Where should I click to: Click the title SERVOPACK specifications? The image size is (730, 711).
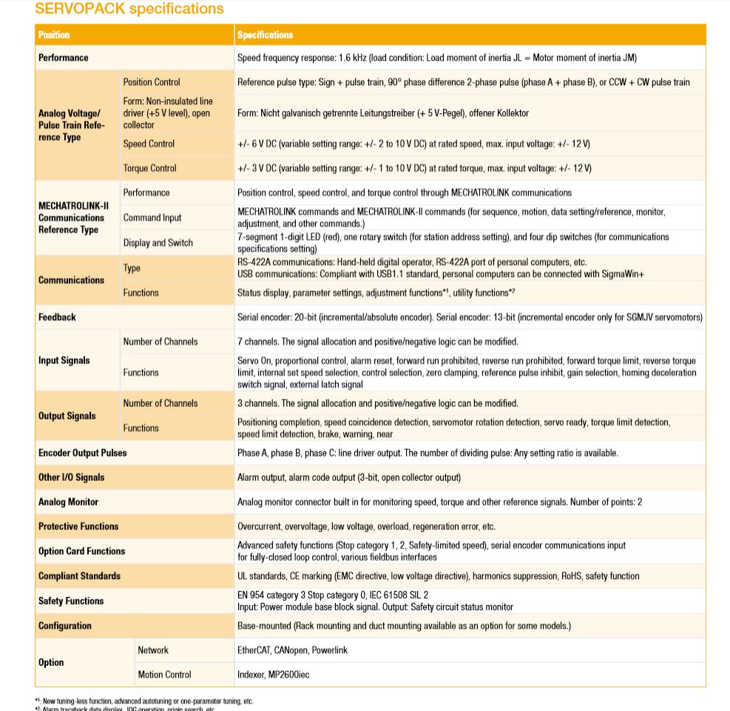(x=129, y=9)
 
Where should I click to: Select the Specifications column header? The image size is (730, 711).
(x=265, y=35)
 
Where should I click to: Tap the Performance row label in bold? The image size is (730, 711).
(x=64, y=58)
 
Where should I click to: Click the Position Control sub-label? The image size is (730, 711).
(x=152, y=82)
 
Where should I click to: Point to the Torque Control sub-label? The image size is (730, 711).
(x=149, y=168)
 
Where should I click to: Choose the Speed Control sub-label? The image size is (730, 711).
(x=149, y=144)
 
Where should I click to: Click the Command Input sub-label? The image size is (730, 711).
(x=152, y=218)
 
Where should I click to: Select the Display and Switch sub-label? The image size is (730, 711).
(x=159, y=243)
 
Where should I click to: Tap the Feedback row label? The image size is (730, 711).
(x=57, y=317)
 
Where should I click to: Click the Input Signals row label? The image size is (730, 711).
(x=64, y=360)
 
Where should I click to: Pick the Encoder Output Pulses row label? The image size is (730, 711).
(x=82, y=453)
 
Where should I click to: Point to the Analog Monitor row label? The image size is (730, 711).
(x=68, y=502)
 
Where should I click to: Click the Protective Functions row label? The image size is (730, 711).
(x=78, y=526)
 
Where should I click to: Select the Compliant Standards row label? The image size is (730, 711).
(x=79, y=576)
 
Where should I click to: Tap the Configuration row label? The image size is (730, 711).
(x=65, y=625)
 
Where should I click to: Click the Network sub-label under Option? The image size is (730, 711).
(x=153, y=650)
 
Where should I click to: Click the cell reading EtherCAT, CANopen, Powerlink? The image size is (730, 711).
(x=292, y=650)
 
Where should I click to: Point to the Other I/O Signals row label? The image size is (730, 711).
(x=71, y=477)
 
